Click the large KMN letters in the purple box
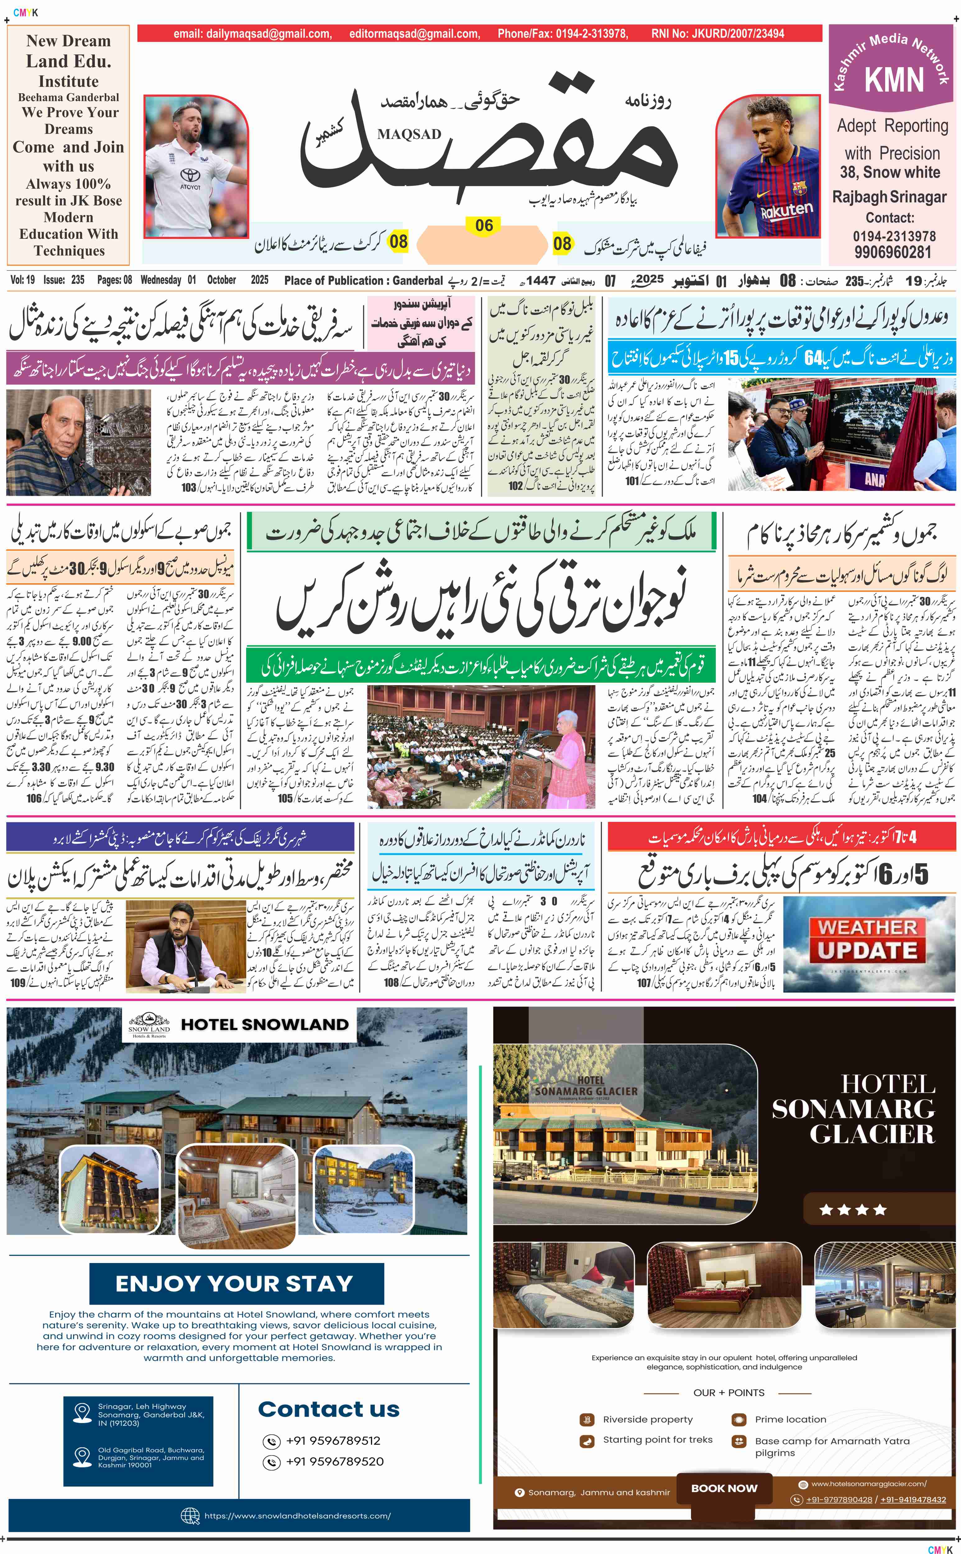click(894, 80)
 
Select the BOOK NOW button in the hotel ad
click(724, 1488)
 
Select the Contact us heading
click(329, 1409)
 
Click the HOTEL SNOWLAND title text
click(265, 1025)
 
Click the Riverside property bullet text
click(648, 1419)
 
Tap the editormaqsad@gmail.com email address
click(414, 34)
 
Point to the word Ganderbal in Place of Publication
click(418, 280)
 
